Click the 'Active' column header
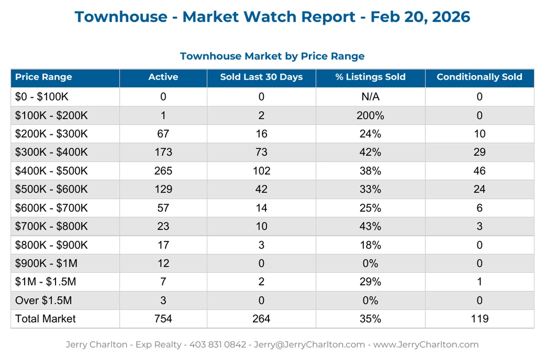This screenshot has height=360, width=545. click(x=163, y=77)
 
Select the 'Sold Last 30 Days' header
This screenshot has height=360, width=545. click(x=261, y=77)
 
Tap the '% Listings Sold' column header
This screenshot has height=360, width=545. click(x=370, y=77)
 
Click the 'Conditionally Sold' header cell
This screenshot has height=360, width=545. click(x=479, y=77)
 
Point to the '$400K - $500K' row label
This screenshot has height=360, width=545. click(x=51, y=171)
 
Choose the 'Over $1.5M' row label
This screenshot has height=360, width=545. click(x=43, y=301)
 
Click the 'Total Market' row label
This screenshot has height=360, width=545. click(x=45, y=319)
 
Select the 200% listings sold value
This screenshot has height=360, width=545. click(x=370, y=115)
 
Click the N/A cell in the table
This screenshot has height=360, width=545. click(x=370, y=97)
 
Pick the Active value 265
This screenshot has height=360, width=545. click(x=163, y=171)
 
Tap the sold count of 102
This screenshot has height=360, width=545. click(x=261, y=171)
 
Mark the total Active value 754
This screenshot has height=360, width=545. click(x=163, y=319)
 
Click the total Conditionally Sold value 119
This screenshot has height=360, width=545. click(x=479, y=319)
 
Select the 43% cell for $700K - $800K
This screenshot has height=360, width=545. click(x=370, y=226)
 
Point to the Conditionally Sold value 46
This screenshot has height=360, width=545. click(x=479, y=171)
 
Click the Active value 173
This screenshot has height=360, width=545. click(x=163, y=152)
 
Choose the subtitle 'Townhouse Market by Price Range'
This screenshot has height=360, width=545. click(x=272, y=56)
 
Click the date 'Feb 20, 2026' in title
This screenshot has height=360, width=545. click(x=420, y=17)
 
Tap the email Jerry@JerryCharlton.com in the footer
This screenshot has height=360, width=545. click(x=309, y=345)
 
